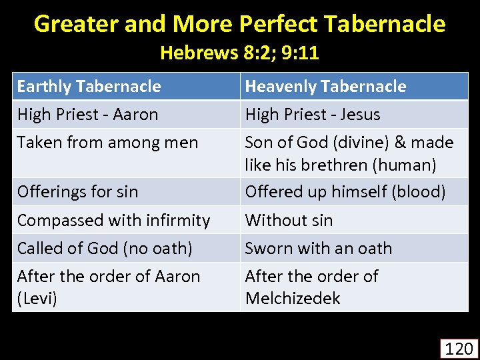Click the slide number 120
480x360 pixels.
point(459,348)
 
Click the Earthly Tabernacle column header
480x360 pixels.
point(89,87)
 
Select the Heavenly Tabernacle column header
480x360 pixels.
point(325,87)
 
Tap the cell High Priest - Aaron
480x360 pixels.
point(87,115)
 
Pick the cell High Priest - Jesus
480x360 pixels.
point(313,115)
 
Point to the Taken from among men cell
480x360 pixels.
point(107,143)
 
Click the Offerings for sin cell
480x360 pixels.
point(77,192)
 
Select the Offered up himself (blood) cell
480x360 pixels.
point(345,192)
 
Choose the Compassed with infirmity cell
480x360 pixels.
point(113,220)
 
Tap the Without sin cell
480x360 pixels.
point(289,220)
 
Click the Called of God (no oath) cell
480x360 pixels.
point(105,248)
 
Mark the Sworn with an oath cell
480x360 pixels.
point(319,248)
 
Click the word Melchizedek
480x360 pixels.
point(293,298)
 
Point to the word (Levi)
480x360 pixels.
point(37,298)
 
